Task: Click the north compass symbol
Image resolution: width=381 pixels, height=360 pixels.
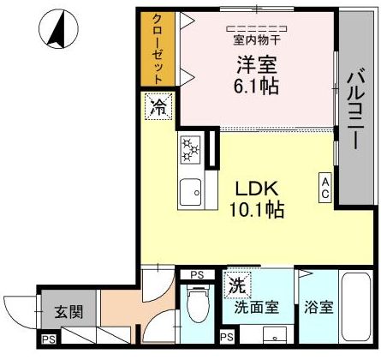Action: click(58, 29)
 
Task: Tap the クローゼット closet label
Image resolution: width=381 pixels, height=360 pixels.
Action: click(158, 49)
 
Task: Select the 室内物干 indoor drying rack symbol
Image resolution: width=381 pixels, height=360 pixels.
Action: click(257, 28)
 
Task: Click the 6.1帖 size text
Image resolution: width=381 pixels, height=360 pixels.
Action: click(256, 86)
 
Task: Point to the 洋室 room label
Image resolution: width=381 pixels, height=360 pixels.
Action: click(257, 65)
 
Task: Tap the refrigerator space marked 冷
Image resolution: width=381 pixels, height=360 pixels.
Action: click(158, 106)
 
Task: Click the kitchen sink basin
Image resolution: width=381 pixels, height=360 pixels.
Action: click(190, 192)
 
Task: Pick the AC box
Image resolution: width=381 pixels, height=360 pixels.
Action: click(325, 188)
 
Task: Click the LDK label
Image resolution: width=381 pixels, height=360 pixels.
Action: click(257, 189)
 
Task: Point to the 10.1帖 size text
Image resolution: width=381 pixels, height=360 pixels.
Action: click(257, 210)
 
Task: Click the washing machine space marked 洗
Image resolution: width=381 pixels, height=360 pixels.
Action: click(237, 285)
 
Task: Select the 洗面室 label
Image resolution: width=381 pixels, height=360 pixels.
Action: click(257, 308)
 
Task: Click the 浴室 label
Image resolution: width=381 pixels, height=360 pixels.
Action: click(318, 308)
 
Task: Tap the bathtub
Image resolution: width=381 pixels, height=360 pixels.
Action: click(356, 308)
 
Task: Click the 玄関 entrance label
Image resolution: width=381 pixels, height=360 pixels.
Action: click(68, 312)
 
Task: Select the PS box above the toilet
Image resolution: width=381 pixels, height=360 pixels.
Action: click(197, 275)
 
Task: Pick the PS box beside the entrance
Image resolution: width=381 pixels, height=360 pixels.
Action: click(49, 339)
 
